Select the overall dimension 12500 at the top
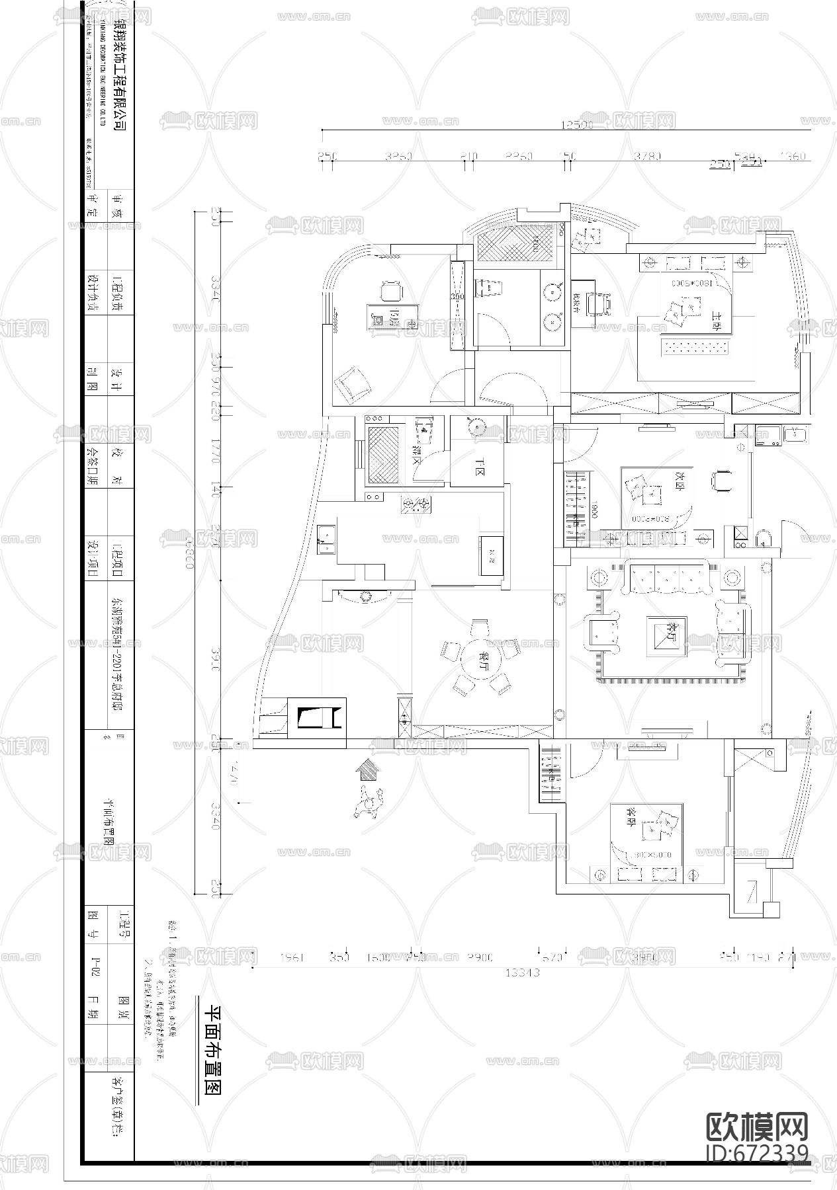576,124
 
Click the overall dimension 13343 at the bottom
523,972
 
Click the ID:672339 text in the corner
757,1153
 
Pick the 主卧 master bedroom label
717,317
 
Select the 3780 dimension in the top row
647,156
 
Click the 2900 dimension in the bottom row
479,957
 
